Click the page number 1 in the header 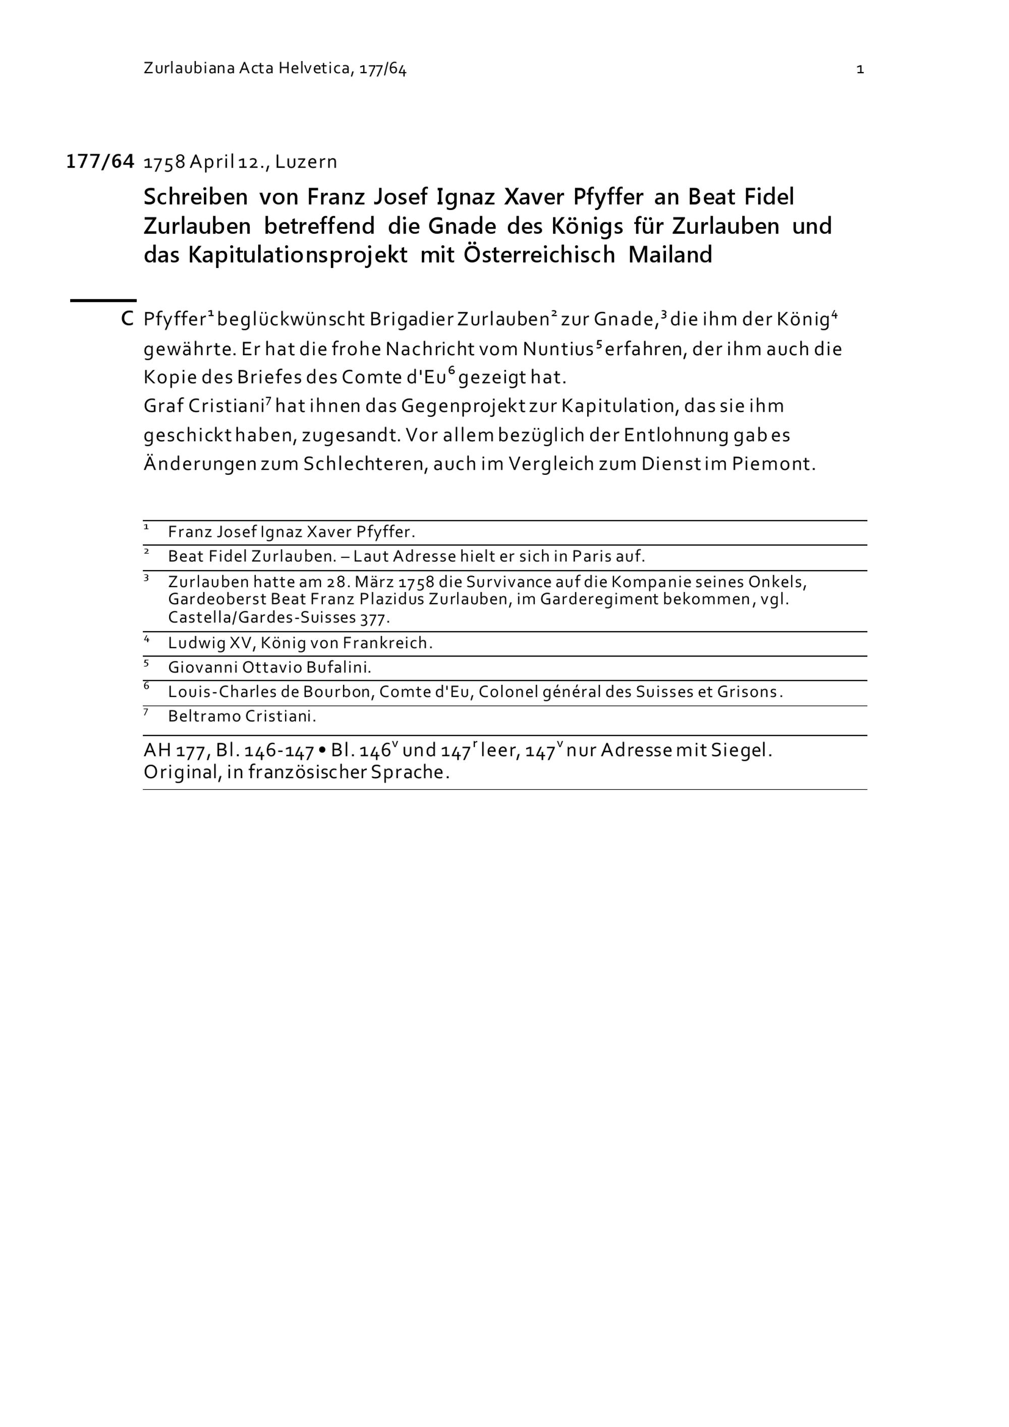pyautogui.click(x=860, y=70)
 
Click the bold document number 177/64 pyautogui.click(x=100, y=161)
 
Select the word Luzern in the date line pyautogui.click(x=306, y=162)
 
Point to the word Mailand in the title pyautogui.click(x=670, y=255)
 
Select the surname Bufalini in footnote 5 pyautogui.click(x=339, y=668)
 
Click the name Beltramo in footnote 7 pyautogui.click(x=204, y=717)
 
